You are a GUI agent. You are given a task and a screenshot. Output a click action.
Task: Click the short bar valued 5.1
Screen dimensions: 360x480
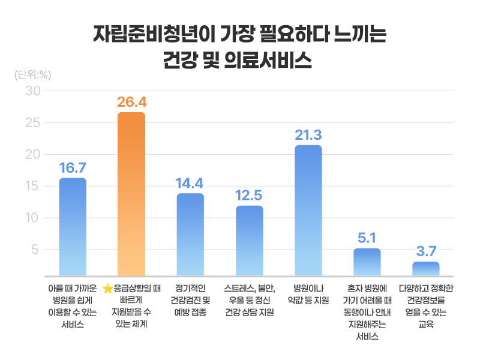coord(367,261)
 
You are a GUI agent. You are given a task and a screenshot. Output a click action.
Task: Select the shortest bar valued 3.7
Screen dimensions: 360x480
coord(425,268)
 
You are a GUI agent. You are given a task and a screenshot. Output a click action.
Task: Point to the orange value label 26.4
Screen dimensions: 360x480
coord(131,101)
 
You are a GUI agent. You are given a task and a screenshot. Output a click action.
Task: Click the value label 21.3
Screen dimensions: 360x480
coord(308,134)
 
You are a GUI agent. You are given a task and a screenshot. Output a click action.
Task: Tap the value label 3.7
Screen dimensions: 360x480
coord(425,251)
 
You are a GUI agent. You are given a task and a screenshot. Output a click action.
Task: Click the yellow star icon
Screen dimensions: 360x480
coord(107,289)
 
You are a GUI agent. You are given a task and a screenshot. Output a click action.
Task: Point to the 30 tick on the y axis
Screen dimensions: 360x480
coord(32,91)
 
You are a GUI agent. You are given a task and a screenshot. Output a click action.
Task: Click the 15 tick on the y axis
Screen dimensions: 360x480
coord(32,186)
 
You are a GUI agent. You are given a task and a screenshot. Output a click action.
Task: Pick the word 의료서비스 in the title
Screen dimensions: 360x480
coord(280,60)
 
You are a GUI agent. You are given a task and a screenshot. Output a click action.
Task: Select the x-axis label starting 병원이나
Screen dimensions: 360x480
coord(308,295)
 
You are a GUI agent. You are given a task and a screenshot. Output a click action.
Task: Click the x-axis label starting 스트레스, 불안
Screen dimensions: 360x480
coord(249,300)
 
